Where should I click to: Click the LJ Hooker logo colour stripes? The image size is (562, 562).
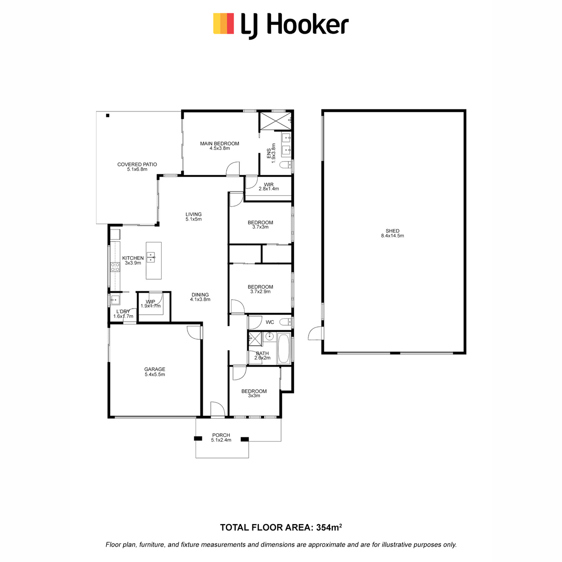point(223,23)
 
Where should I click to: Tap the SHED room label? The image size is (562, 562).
point(392,231)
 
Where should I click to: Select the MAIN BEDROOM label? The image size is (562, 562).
point(219,143)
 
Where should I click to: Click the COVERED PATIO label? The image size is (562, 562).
point(137,164)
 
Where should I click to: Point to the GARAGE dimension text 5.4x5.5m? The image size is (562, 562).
point(155,375)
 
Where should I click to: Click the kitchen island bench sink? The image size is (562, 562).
point(151,257)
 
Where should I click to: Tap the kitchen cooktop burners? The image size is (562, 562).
point(115,267)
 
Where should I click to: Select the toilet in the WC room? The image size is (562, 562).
point(285,322)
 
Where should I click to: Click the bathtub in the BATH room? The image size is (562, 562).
point(283,348)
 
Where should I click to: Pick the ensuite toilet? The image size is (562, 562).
point(285,165)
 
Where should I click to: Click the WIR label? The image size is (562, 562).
point(269,185)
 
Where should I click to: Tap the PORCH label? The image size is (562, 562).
point(221,435)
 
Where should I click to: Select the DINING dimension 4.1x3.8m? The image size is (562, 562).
point(200,299)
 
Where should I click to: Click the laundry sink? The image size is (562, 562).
point(115,300)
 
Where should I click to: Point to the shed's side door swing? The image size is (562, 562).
point(315,333)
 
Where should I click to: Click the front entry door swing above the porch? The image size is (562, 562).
point(217,408)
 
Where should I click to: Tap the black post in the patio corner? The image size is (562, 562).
point(108,116)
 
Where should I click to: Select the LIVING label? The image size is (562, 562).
point(193,214)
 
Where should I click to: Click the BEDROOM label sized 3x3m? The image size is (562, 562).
point(254,391)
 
